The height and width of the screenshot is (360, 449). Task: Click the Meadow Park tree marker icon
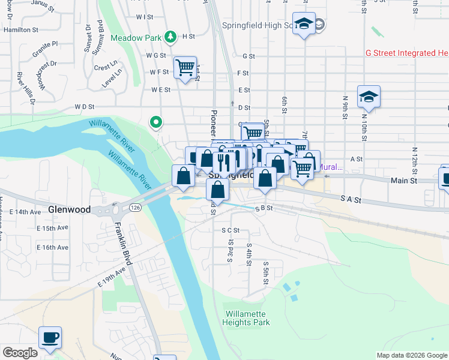[171, 37]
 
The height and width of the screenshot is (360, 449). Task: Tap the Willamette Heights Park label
[247, 318]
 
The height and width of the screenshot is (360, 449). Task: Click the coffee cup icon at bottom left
[50, 337]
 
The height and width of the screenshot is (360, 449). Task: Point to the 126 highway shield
[133, 208]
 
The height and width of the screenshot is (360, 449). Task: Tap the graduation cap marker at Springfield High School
[304, 24]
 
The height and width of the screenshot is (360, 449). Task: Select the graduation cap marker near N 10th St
[369, 97]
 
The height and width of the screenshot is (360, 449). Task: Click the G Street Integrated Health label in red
[407, 53]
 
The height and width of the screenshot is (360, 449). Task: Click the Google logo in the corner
[20, 353]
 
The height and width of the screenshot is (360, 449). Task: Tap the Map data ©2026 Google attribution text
[411, 355]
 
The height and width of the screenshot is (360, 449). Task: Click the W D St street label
[85, 107]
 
